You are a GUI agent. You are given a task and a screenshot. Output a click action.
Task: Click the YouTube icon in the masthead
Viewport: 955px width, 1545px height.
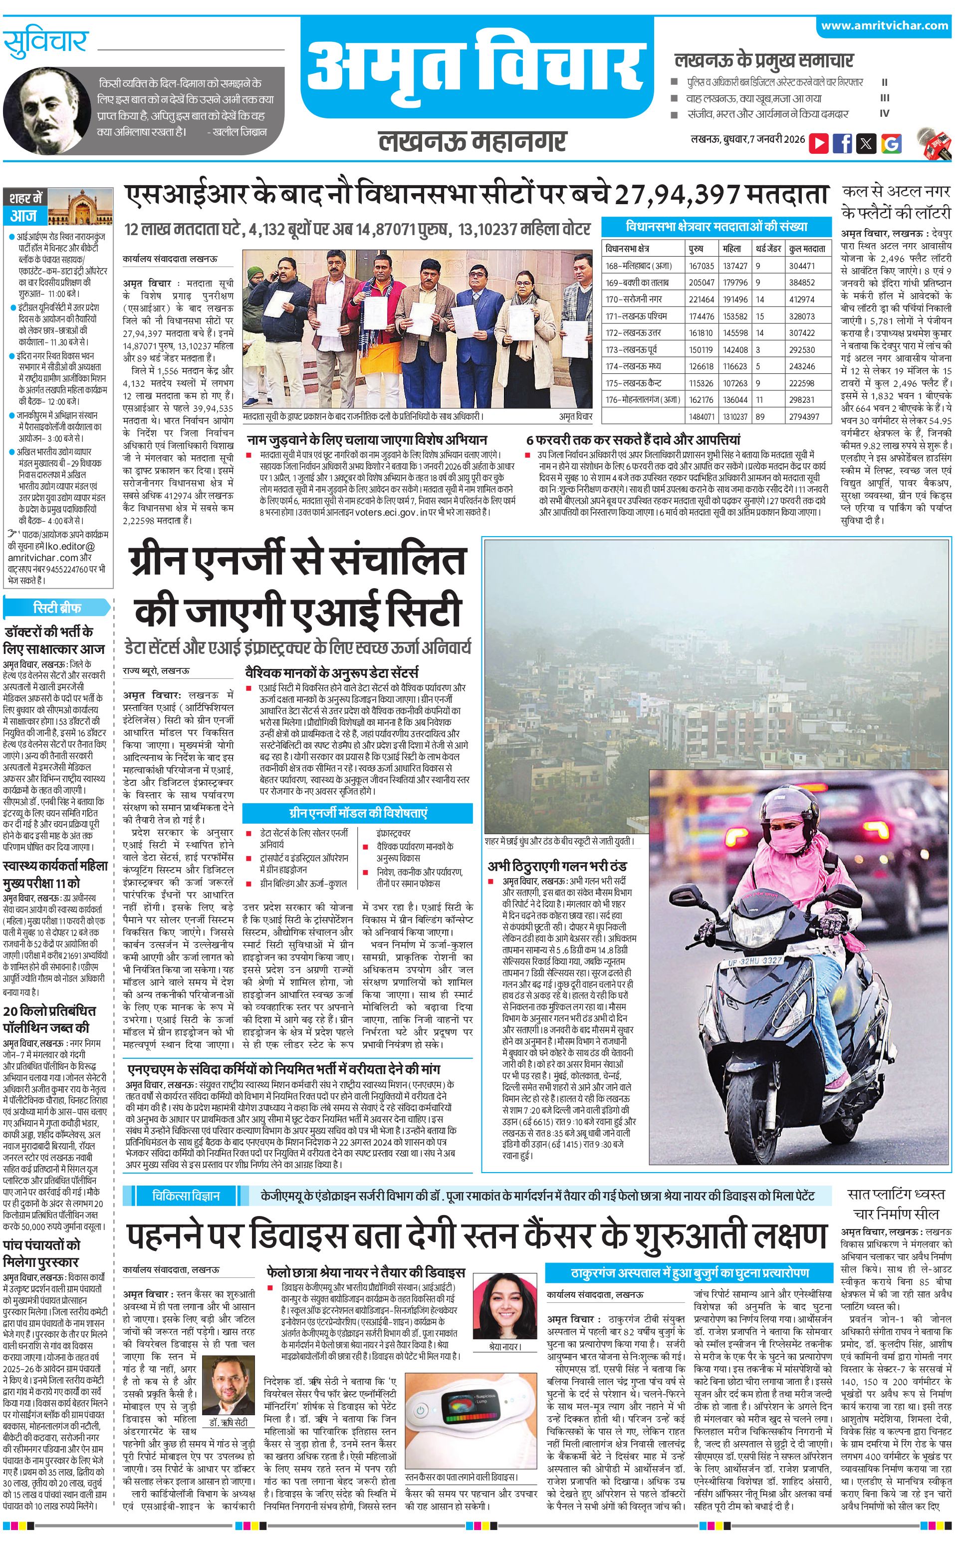[x=819, y=143]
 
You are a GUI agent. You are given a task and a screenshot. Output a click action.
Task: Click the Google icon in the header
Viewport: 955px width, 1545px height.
[x=891, y=143]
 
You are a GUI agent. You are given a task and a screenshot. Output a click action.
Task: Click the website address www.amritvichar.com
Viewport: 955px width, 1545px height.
[x=884, y=25]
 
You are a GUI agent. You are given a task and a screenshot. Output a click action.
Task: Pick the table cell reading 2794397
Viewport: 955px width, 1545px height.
[x=803, y=416]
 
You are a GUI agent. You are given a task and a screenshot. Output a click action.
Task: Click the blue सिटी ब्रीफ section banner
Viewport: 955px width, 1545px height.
[x=57, y=608]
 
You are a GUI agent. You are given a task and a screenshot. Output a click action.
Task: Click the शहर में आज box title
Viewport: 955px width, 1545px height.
[x=26, y=206]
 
